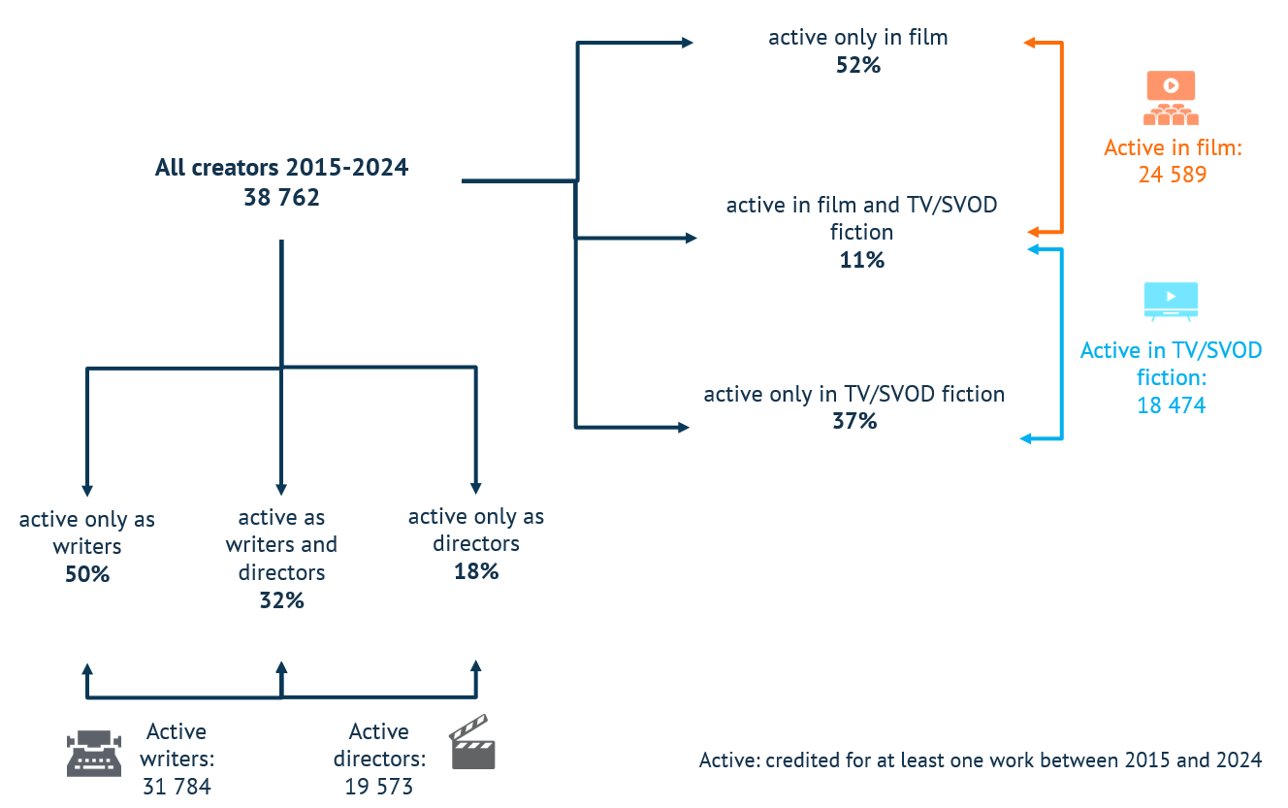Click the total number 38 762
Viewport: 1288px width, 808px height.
point(281,197)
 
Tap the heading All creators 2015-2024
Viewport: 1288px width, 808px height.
point(281,168)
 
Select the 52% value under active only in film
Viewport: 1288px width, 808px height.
point(858,65)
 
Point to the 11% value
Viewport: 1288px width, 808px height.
point(861,260)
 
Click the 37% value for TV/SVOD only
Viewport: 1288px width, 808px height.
point(854,421)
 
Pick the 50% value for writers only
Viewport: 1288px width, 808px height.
point(87,574)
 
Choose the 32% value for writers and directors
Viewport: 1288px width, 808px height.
point(281,600)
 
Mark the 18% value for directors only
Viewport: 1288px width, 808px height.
point(476,571)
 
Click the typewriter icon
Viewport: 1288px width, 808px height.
point(94,754)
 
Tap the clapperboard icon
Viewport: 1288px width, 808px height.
point(472,742)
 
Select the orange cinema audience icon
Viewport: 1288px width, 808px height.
point(1171,98)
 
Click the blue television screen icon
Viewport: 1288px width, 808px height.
point(1171,302)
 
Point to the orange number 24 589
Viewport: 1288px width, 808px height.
point(1173,175)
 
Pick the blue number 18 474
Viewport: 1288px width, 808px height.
point(1172,405)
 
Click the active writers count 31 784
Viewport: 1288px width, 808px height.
point(177,786)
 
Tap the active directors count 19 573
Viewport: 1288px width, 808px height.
point(379,786)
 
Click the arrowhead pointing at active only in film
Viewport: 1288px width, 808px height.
point(687,43)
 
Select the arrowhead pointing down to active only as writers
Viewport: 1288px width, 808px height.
point(87,491)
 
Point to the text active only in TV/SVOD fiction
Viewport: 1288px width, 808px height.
point(854,394)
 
